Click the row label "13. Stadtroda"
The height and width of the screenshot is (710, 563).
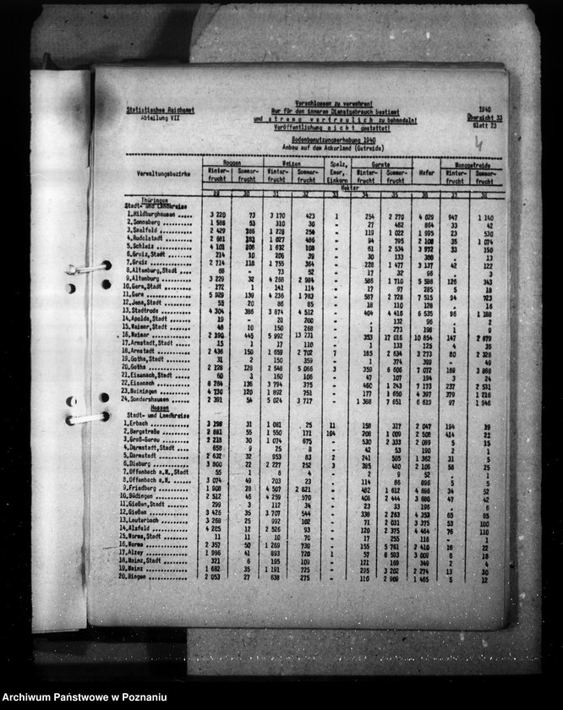point(149,311)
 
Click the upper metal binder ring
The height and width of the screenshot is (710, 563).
point(87,268)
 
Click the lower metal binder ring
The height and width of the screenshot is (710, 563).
point(87,416)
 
